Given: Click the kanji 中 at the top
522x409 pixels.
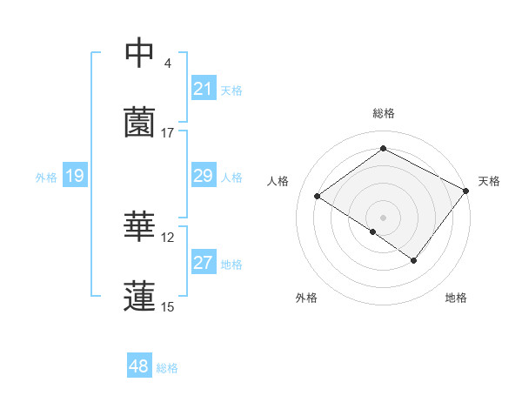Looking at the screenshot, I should (139, 54).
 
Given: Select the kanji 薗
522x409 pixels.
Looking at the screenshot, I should (139, 122).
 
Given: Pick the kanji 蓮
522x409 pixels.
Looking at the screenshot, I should (139, 295).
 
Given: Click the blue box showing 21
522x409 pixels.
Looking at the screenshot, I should (203, 89).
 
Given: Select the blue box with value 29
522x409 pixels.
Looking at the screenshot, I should (203, 176).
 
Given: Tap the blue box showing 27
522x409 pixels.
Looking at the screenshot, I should (203, 263).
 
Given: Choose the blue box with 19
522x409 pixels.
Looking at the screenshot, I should (75, 176).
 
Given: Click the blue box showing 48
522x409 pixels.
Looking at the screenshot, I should (139, 366).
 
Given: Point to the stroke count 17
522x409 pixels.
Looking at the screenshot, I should (168, 133).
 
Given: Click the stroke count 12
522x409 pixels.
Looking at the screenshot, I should (168, 238).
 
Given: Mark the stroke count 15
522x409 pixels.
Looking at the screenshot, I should (168, 306).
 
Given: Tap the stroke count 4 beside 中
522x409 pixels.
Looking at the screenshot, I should (168, 64).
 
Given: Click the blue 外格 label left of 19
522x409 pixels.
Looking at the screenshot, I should (46, 177).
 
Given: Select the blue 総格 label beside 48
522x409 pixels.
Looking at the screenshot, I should (167, 367).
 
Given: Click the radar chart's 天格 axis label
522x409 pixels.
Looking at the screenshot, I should (489, 181).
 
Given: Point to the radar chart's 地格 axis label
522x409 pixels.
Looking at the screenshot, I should (456, 298).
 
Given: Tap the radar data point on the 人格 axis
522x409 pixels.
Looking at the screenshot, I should (318, 196).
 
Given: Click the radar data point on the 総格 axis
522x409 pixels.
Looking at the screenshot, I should (383, 149).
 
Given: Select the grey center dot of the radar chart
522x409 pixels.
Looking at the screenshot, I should (383, 217).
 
